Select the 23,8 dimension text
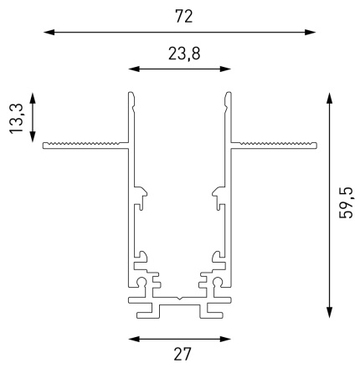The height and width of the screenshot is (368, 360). [179, 55]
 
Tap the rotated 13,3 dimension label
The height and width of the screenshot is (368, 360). [15, 117]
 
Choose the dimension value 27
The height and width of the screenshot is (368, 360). [179, 354]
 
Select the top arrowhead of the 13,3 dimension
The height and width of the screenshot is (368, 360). [33, 98]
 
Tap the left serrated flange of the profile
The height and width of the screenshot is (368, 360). [84, 145]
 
